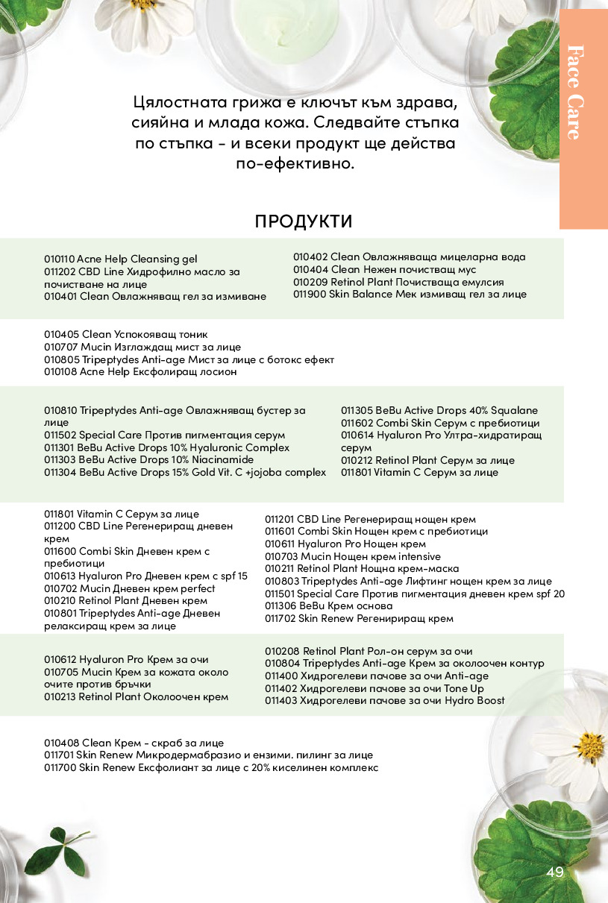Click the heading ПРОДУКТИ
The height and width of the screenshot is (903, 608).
click(304, 221)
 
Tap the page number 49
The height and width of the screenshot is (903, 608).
click(555, 872)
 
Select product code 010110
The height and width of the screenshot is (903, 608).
click(60, 259)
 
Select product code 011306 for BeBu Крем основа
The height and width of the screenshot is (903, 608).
click(281, 606)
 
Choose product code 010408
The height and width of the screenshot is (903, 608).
click(60, 743)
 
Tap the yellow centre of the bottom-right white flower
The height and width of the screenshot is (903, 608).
click(589, 743)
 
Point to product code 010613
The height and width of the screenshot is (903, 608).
click(60, 576)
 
